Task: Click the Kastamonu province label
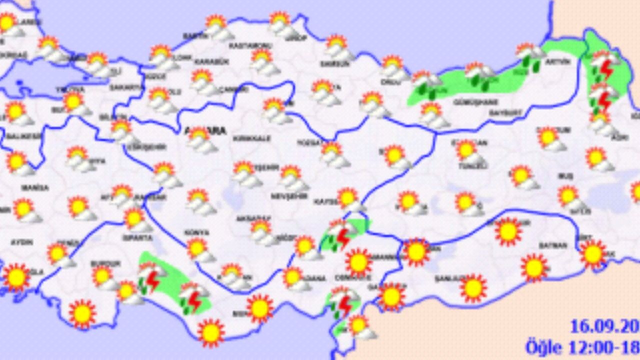[x=250, y=46]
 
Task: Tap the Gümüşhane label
[x=468, y=102]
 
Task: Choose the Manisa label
[x=35, y=188]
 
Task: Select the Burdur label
[x=105, y=263]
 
